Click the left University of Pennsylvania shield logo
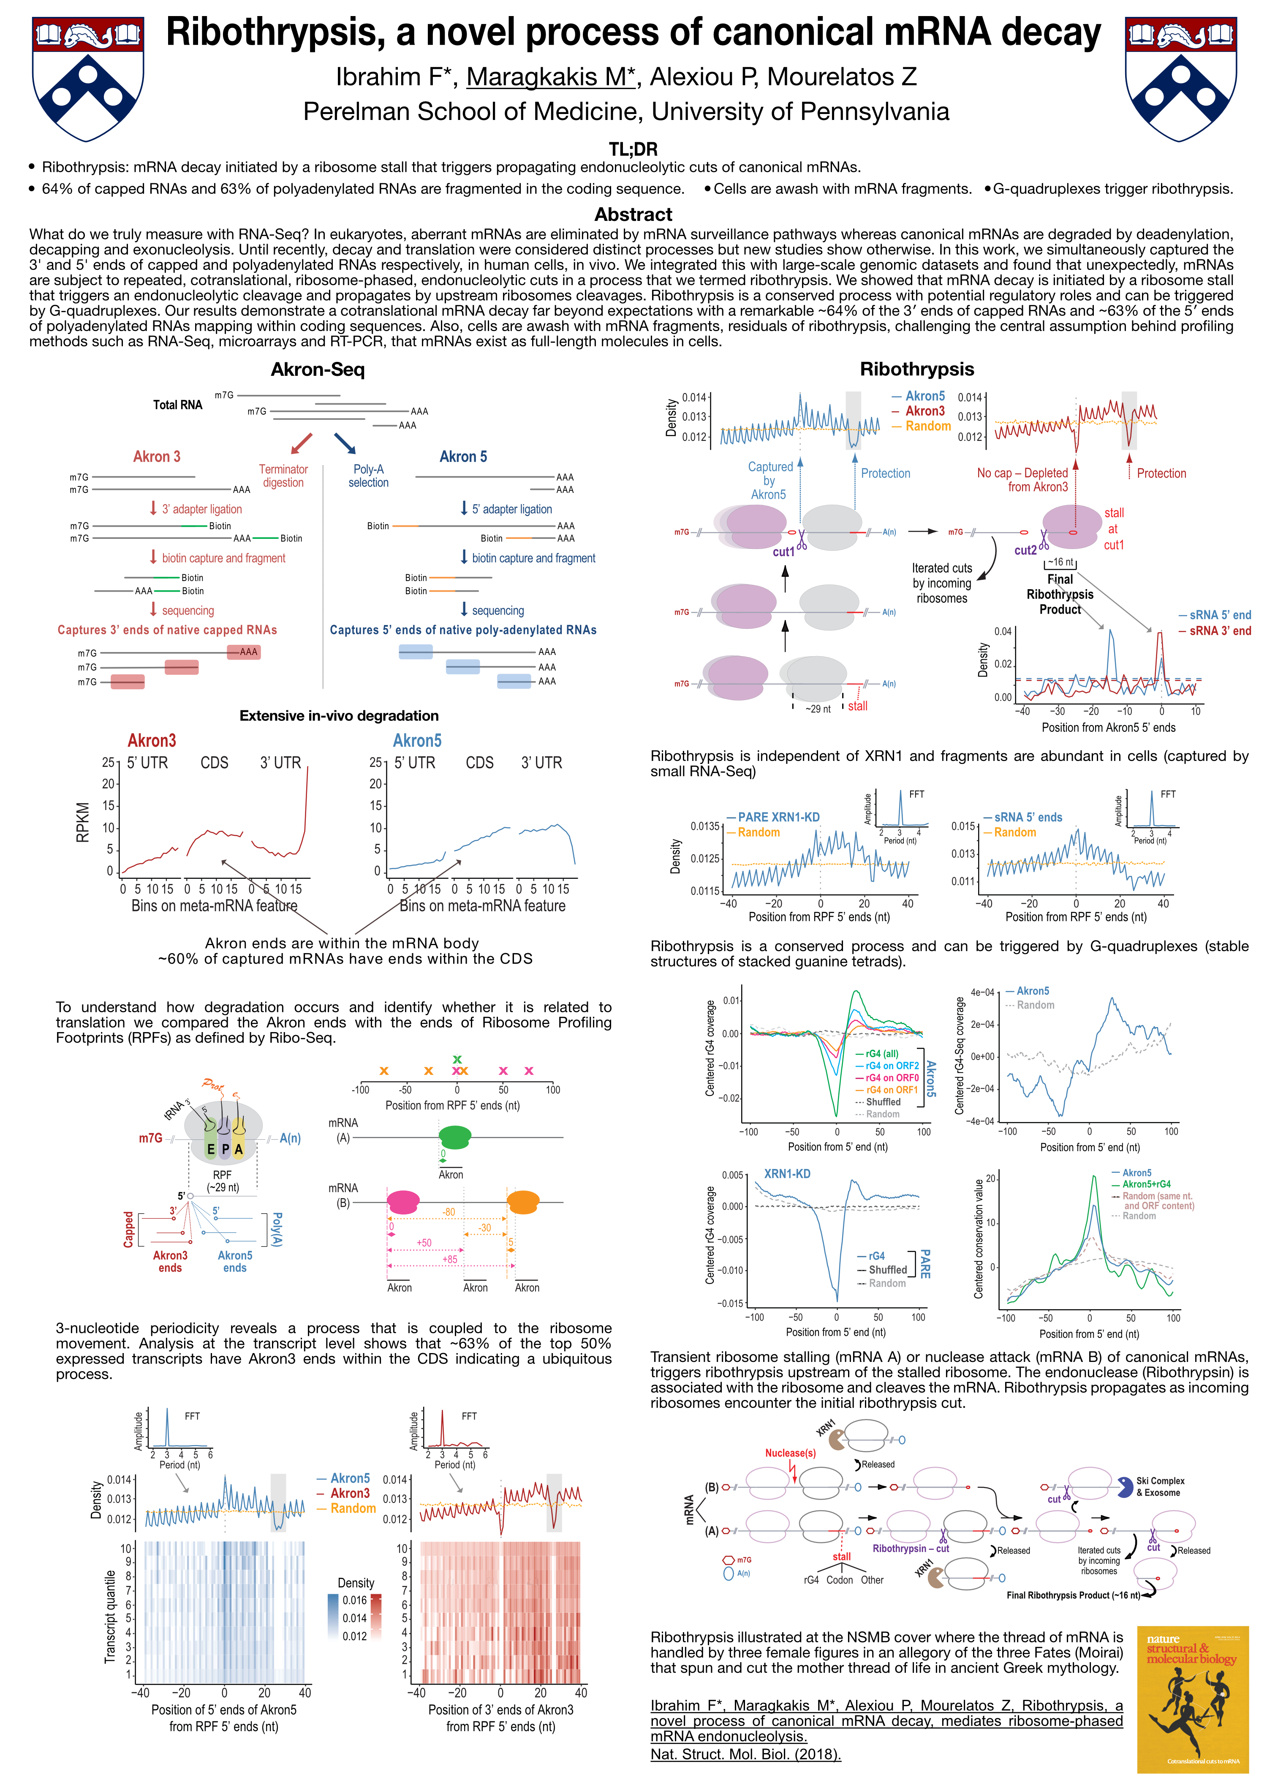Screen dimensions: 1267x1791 click(x=88, y=79)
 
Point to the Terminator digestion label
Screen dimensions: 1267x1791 click(x=283, y=476)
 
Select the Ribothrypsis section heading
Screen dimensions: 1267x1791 click(x=917, y=369)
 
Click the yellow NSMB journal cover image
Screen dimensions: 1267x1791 click(x=1193, y=1699)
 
